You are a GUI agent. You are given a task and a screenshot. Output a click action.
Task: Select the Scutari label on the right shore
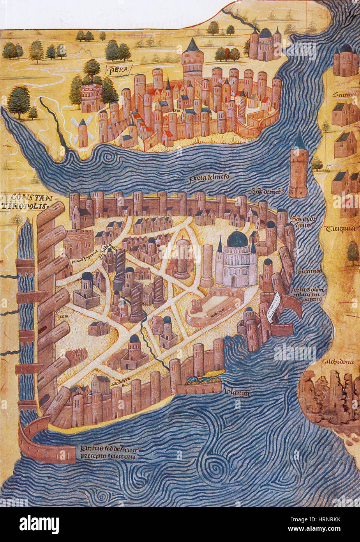(343, 95)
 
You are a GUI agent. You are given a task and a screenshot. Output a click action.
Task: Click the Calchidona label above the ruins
(337, 361)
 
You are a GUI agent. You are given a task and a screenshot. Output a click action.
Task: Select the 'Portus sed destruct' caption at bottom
(110, 452)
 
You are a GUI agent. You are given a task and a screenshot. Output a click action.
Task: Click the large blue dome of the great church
(237, 239)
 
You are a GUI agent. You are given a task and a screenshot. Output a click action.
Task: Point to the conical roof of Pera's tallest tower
(192, 46)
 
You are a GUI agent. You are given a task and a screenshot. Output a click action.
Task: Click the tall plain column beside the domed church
(206, 265)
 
